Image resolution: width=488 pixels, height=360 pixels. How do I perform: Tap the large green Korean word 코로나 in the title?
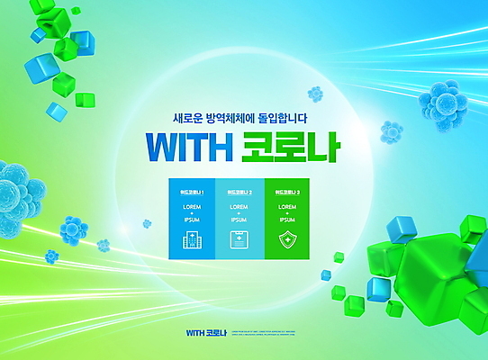(290, 146)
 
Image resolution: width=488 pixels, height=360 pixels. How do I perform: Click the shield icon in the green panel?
(286, 240)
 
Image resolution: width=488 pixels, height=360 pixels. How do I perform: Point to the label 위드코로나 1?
(192, 192)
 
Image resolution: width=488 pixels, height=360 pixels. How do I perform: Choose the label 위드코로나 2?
(239, 192)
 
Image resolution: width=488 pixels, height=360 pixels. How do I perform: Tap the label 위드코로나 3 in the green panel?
(286, 192)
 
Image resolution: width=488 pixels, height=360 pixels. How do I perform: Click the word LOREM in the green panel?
(286, 208)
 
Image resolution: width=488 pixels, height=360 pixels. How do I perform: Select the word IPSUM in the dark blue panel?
(192, 220)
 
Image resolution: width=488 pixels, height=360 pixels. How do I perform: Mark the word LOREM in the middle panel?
(239, 208)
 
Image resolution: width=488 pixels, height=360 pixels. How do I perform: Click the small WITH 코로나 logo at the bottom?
(206, 333)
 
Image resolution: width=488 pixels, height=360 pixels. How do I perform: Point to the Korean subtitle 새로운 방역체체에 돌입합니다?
(243, 117)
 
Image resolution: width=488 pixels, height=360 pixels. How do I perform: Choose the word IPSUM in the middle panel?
(239, 220)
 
